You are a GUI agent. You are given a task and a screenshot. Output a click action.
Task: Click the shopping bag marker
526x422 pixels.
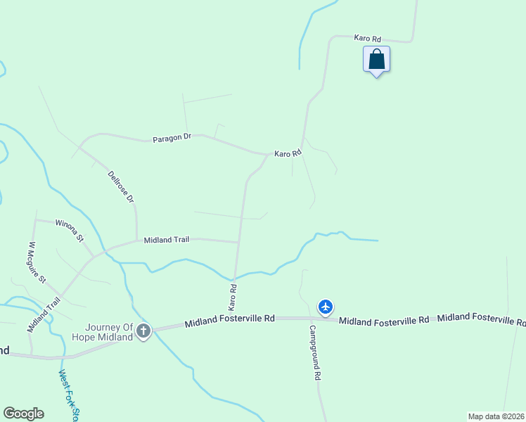[x=376, y=59]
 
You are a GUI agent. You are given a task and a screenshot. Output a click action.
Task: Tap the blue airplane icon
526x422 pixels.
[x=325, y=307]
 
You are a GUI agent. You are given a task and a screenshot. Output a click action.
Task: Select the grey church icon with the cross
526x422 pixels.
[x=143, y=331]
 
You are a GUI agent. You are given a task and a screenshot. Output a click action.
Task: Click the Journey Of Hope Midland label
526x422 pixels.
[x=109, y=332]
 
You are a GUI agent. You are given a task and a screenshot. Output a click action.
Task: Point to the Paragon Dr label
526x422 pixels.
[x=172, y=139]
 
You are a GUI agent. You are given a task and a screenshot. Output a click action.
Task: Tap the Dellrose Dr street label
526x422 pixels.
[x=121, y=186]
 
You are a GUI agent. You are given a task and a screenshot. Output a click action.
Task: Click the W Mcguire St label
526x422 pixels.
[x=37, y=262]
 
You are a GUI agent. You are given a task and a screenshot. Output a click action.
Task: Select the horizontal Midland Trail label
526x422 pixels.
[x=167, y=240]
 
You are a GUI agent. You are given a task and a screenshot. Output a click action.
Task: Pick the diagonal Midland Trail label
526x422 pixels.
[x=44, y=314]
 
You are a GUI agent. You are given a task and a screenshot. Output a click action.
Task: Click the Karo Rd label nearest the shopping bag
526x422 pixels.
[x=367, y=38]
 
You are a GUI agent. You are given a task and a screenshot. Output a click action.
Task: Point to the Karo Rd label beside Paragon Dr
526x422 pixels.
[x=288, y=153]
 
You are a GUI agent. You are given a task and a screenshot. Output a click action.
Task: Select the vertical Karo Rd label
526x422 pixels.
[x=233, y=297]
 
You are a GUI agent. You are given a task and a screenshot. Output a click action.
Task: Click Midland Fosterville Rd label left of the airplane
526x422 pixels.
[x=229, y=322]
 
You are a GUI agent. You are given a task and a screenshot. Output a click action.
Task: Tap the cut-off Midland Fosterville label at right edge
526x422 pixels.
[x=481, y=319]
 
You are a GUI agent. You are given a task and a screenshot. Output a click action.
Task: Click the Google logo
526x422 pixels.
[x=23, y=414]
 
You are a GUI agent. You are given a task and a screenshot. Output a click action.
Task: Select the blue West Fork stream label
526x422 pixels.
[x=69, y=397]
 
